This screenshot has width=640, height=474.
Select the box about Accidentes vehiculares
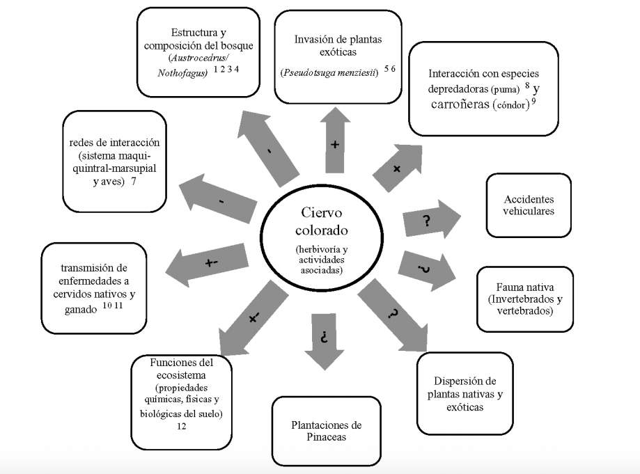[529, 205]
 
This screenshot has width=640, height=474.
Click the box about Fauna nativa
[525, 299]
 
